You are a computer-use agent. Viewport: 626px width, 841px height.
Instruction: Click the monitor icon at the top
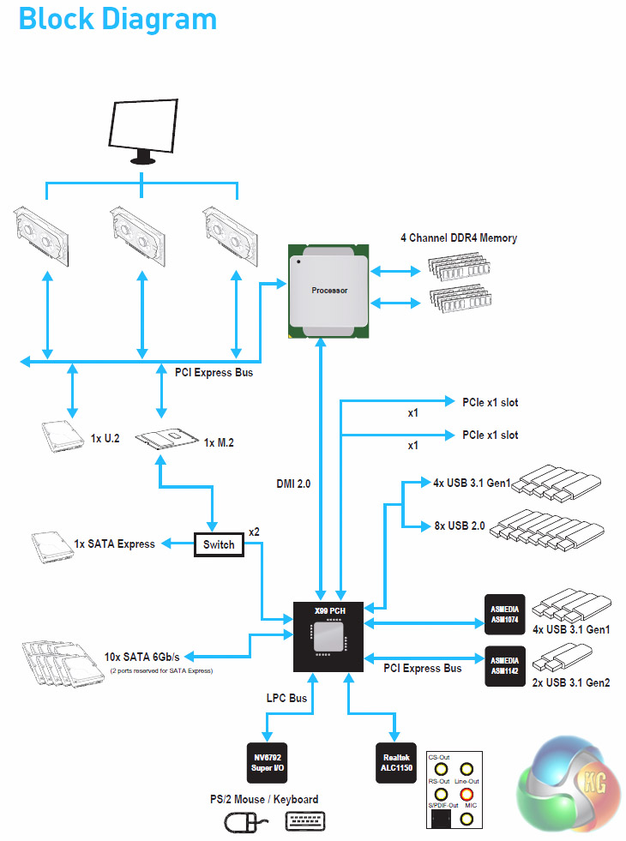tap(143, 129)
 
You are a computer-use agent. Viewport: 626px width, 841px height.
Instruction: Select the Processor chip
tap(329, 290)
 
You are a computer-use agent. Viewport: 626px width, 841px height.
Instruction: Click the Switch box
tap(219, 544)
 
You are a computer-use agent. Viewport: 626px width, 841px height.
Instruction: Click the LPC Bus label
tap(286, 699)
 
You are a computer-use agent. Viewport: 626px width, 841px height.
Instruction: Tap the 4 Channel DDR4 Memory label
tap(459, 237)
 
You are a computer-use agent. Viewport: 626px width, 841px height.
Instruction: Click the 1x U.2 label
tap(105, 438)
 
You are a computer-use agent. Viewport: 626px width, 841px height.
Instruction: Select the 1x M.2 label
tap(219, 442)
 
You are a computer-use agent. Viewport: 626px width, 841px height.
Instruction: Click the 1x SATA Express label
tap(115, 544)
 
